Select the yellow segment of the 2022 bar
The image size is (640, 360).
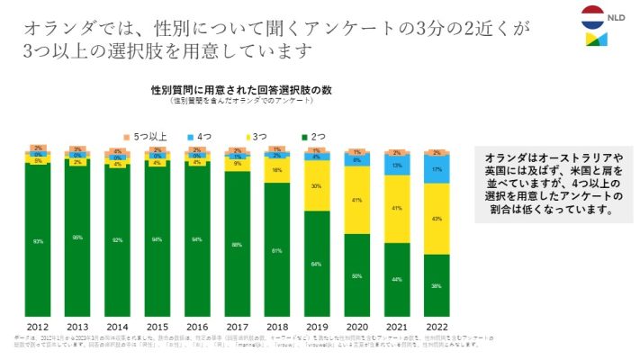436,219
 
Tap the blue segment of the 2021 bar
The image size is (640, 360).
396,165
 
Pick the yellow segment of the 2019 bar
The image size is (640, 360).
317,186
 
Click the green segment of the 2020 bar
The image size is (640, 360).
356,275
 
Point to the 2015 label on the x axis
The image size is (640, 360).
158,326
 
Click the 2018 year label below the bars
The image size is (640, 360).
277,326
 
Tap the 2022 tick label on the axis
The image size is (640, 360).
436,326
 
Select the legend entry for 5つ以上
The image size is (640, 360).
144,136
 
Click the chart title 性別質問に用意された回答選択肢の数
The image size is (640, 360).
230,91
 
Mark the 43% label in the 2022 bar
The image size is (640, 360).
436,219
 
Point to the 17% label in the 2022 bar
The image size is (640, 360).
436,168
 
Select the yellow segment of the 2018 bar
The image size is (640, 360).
277,169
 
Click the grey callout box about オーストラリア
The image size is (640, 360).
554,184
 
